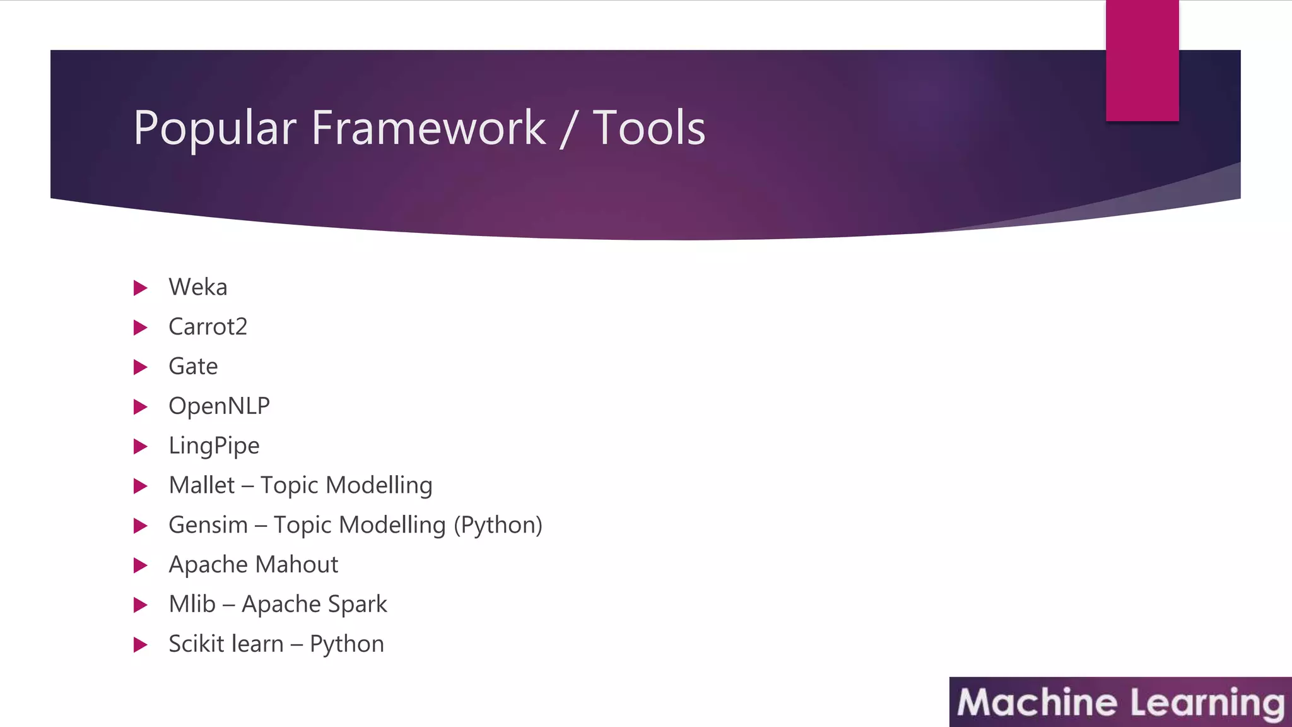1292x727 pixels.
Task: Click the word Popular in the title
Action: point(214,128)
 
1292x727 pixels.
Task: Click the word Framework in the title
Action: point(428,128)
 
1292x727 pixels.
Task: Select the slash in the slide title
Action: point(568,129)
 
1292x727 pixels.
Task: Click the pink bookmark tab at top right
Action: point(1142,60)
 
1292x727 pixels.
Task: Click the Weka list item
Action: point(198,287)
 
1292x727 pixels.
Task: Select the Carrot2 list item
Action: point(208,327)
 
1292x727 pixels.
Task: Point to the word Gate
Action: point(193,367)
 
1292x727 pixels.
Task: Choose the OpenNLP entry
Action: point(219,406)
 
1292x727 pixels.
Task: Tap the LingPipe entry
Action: point(214,446)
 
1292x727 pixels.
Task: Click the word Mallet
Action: point(202,485)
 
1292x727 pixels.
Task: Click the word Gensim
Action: point(208,525)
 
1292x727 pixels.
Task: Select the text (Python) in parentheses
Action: point(498,525)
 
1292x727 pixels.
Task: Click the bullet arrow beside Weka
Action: point(141,288)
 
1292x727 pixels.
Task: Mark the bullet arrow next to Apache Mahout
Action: point(141,565)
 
